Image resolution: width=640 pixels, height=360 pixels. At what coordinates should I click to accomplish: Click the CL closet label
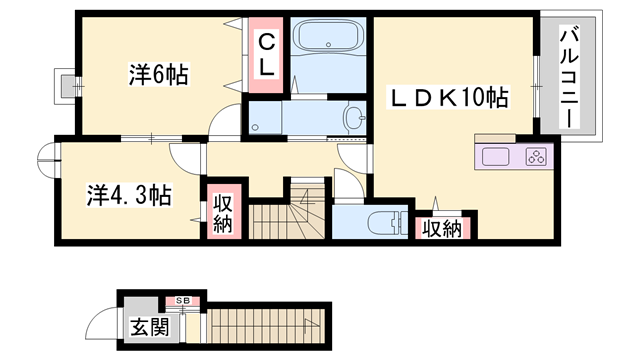(268, 56)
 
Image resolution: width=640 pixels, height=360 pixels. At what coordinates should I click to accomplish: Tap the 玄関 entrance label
(147, 327)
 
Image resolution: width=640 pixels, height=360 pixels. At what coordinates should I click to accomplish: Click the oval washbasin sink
(353, 117)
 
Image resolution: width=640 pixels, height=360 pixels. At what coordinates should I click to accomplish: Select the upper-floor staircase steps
(285, 219)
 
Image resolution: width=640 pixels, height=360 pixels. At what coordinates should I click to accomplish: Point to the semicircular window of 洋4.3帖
(46, 163)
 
